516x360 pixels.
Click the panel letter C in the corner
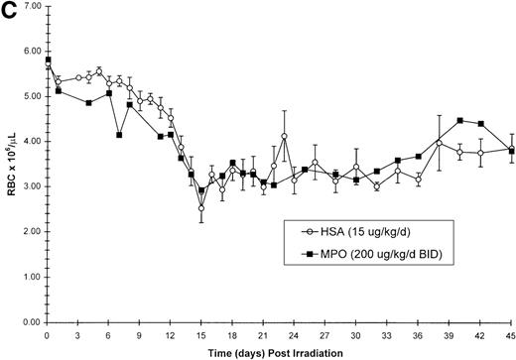tap(8, 9)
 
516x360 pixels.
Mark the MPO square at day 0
tap(48, 60)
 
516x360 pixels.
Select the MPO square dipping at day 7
tap(119, 135)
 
